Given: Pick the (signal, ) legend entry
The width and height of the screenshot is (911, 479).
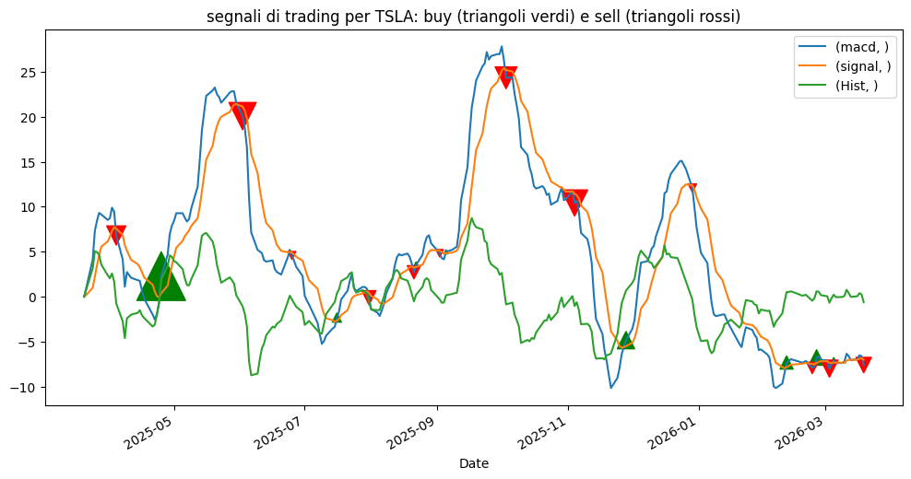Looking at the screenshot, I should [863, 65].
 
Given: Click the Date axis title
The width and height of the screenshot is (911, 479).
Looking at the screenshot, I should [474, 463].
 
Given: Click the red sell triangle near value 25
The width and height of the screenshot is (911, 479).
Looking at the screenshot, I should [505, 76].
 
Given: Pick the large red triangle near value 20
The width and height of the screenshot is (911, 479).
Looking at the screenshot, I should [243, 114].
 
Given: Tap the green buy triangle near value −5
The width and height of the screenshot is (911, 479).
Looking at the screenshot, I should [626, 341].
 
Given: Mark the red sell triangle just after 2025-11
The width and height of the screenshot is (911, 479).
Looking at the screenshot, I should [574, 201].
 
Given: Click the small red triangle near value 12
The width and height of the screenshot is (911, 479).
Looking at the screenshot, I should [692, 188].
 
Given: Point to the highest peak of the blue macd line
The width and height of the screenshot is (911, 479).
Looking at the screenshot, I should [502, 47].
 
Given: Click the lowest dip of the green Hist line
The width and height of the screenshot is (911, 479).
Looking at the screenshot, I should [252, 375].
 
